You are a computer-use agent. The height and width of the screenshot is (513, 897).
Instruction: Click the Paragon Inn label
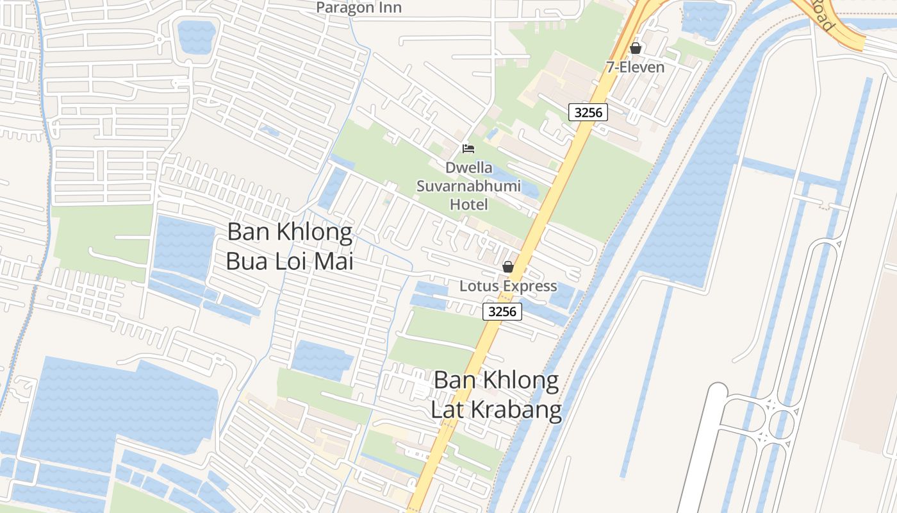point(359,8)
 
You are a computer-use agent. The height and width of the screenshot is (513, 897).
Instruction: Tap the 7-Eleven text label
point(636,67)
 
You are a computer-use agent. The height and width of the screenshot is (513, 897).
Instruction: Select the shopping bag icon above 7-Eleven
point(636,48)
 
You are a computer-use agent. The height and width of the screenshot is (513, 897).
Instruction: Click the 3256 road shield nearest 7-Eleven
point(588,112)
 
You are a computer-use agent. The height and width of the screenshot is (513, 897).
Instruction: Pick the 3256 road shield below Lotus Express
point(502,312)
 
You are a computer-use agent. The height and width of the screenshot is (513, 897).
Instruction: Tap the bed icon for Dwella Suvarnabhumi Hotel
point(468,149)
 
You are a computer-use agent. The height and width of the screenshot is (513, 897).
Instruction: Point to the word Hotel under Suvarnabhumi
point(468,205)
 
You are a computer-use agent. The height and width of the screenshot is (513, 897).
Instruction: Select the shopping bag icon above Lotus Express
point(508,267)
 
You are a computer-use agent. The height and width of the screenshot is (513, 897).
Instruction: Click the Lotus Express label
point(508,286)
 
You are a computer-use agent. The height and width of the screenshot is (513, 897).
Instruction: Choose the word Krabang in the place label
point(515,409)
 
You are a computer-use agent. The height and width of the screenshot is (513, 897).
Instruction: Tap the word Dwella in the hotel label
point(470,168)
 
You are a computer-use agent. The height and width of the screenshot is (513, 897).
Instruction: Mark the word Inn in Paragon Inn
point(389,8)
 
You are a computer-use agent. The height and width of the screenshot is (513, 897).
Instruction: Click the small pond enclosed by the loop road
point(197,36)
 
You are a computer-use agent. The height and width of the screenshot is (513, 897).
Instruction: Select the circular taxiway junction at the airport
point(781,424)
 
